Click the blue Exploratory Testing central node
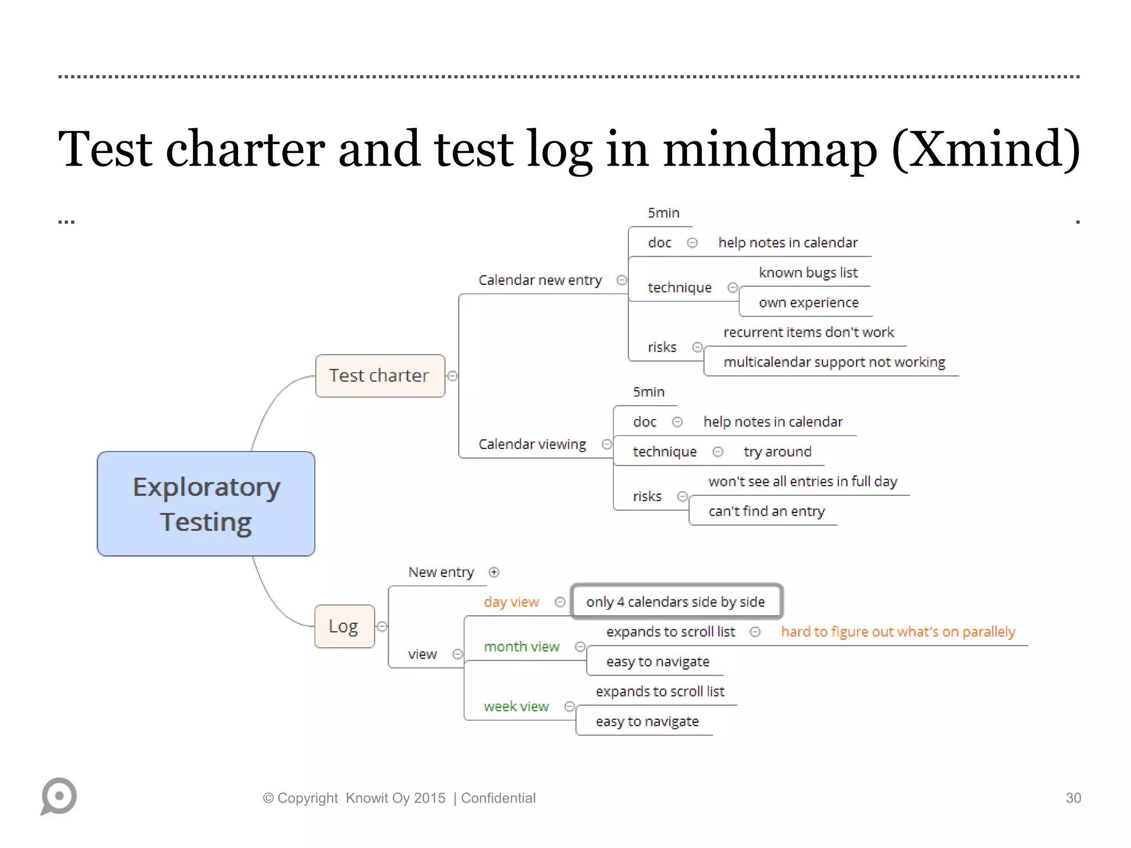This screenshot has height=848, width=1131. tap(206, 504)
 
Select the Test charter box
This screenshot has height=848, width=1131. tap(380, 376)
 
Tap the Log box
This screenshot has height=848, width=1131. tap(344, 626)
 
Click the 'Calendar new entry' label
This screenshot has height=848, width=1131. tap(540, 280)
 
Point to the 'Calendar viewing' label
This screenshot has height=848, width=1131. tap(532, 444)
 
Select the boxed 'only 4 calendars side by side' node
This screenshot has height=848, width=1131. tap(676, 601)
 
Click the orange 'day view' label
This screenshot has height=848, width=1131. tap(511, 602)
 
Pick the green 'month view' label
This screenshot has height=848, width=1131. tap(521, 646)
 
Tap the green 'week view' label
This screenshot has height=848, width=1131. tap(516, 706)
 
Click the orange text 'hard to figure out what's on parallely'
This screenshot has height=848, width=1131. tap(898, 632)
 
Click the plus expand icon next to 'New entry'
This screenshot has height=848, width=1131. tap(494, 572)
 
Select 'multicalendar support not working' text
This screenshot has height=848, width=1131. tap(834, 362)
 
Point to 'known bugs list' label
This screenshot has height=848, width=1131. tap(808, 273)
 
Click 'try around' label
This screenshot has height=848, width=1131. tap(777, 452)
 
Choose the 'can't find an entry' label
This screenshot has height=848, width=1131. tap(767, 511)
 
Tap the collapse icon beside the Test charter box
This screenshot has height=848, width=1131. tap(452, 376)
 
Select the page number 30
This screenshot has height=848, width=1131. tap(1073, 798)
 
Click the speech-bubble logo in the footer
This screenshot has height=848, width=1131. tap(59, 796)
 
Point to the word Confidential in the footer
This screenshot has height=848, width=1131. tap(498, 798)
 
